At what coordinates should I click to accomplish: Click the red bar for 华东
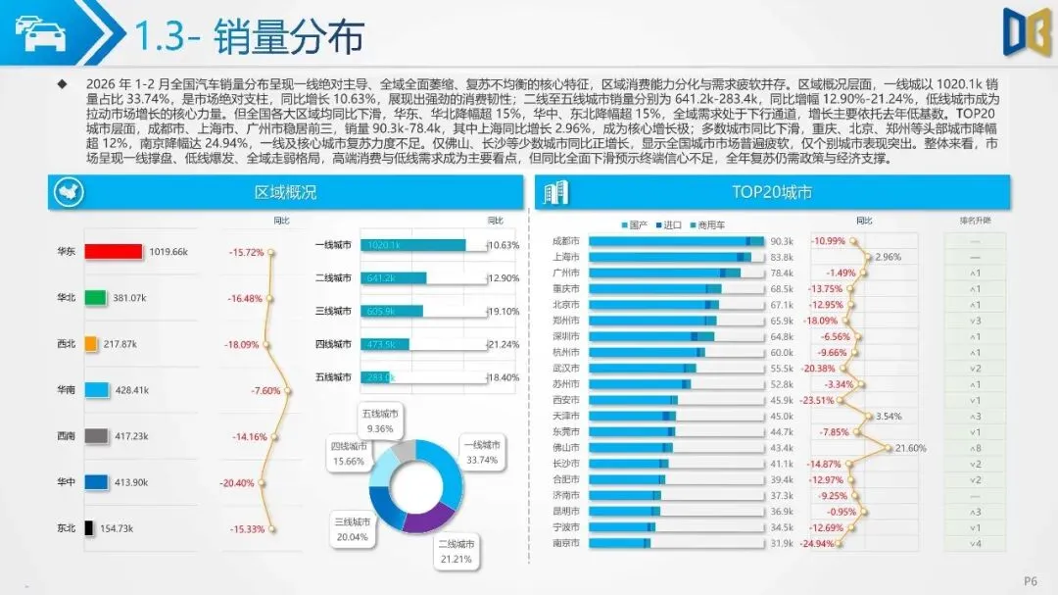pos(114,252)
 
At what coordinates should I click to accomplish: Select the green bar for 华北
pos(95,297)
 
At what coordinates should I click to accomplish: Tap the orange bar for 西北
pos(91,344)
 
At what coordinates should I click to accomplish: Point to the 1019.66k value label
pos(168,252)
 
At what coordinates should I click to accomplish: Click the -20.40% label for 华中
pos(237,483)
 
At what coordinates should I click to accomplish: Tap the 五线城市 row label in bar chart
pos(333,377)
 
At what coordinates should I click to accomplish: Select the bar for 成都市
pos(676,241)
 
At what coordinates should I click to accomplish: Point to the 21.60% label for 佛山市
pos(912,448)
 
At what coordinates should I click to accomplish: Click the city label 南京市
pos(566,542)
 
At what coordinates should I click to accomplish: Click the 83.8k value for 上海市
pos(782,257)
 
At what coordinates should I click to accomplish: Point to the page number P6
pos(1030,578)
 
